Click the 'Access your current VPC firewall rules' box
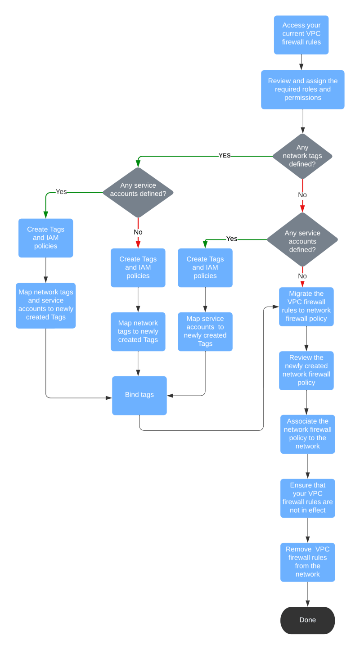pos(301,35)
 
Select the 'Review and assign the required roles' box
pos(302,89)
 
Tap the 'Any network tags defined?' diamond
pos(302,156)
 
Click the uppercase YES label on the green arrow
pos(225,156)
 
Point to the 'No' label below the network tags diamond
pos(302,195)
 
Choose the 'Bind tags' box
pos(139,395)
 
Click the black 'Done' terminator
pos(307,620)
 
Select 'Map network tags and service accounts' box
pos(45,305)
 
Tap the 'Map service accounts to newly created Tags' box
pos(205,331)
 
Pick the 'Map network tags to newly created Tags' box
pos(138,331)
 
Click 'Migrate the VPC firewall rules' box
pos(306,306)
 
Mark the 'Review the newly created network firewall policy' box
pos(306,370)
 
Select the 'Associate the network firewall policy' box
pos(307,434)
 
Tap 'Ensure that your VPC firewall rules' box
pos(307,498)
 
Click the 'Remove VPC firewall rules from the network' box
pos(307,562)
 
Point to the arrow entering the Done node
pos(308,595)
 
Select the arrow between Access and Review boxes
pos(301,63)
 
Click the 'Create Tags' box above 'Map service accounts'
pos(205,267)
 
